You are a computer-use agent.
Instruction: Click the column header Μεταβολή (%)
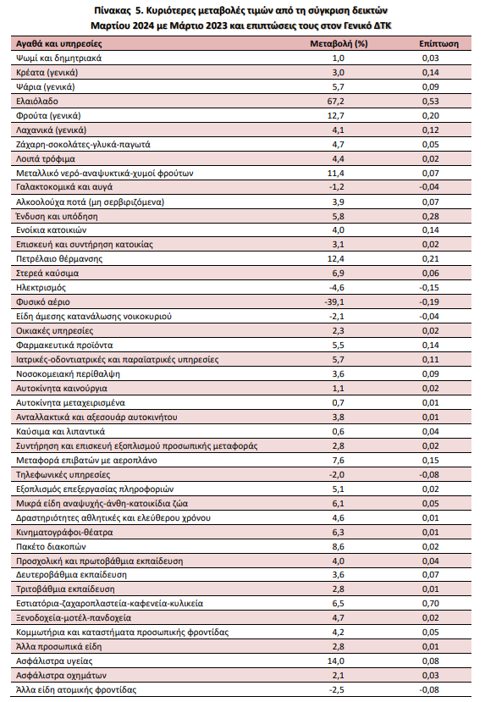coord(339,43)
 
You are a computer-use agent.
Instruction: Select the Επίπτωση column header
coord(439,43)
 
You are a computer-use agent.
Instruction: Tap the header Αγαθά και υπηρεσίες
coord(59,43)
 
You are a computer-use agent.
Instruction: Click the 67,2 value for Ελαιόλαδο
coord(335,101)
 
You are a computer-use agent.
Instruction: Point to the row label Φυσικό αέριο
coord(43,302)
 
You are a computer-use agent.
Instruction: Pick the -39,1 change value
coord(334,302)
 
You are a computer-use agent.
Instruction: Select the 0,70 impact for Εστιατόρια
coord(431,604)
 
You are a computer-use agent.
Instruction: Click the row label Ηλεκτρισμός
coord(41,288)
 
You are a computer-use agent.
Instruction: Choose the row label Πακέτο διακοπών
coord(51,547)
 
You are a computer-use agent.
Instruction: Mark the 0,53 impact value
coord(431,101)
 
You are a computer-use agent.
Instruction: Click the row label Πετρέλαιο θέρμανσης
coord(59,259)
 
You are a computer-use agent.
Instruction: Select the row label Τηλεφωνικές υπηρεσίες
coord(63,474)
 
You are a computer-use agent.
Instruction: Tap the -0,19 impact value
coord(429,302)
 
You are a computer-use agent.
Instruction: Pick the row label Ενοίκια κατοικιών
coord(52,230)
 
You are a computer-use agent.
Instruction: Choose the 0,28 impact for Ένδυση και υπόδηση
coord(431,216)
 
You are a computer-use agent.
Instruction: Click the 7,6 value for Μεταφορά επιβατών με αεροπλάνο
coord(339,461)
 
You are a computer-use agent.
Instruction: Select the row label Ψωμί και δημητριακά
coord(59,58)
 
